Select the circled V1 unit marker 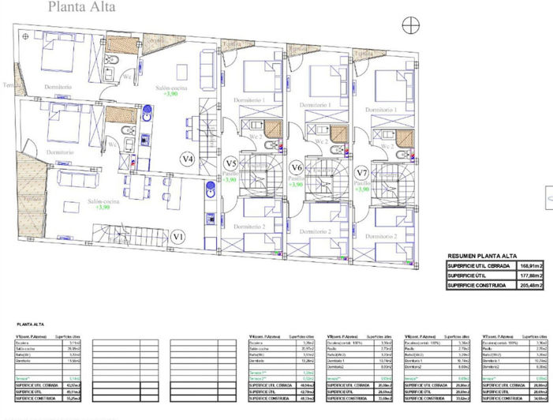point(178,235)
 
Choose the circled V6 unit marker point(297,167)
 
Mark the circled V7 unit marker point(362,172)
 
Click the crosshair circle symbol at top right point(409,26)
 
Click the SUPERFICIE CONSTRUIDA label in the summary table point(475,284)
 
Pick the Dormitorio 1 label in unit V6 point(312,104)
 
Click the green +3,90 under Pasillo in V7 point(363,189)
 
